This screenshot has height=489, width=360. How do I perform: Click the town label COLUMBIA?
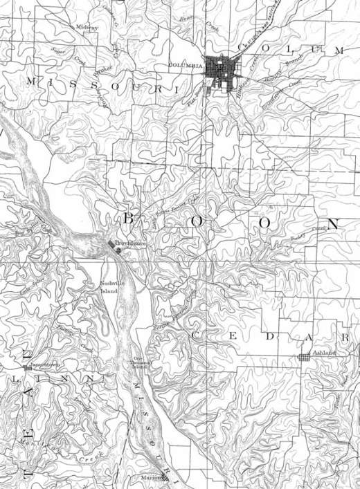coord(184,65)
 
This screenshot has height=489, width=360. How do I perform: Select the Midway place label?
coord(87,27)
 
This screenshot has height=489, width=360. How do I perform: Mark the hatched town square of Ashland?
coord(303,358)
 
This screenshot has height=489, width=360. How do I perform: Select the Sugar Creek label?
coord(67,53)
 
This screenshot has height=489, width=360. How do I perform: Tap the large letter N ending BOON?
coord(334,224)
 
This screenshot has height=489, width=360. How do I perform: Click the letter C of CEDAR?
coord(195,335)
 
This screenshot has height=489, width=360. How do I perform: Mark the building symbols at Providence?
coord(114,245)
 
